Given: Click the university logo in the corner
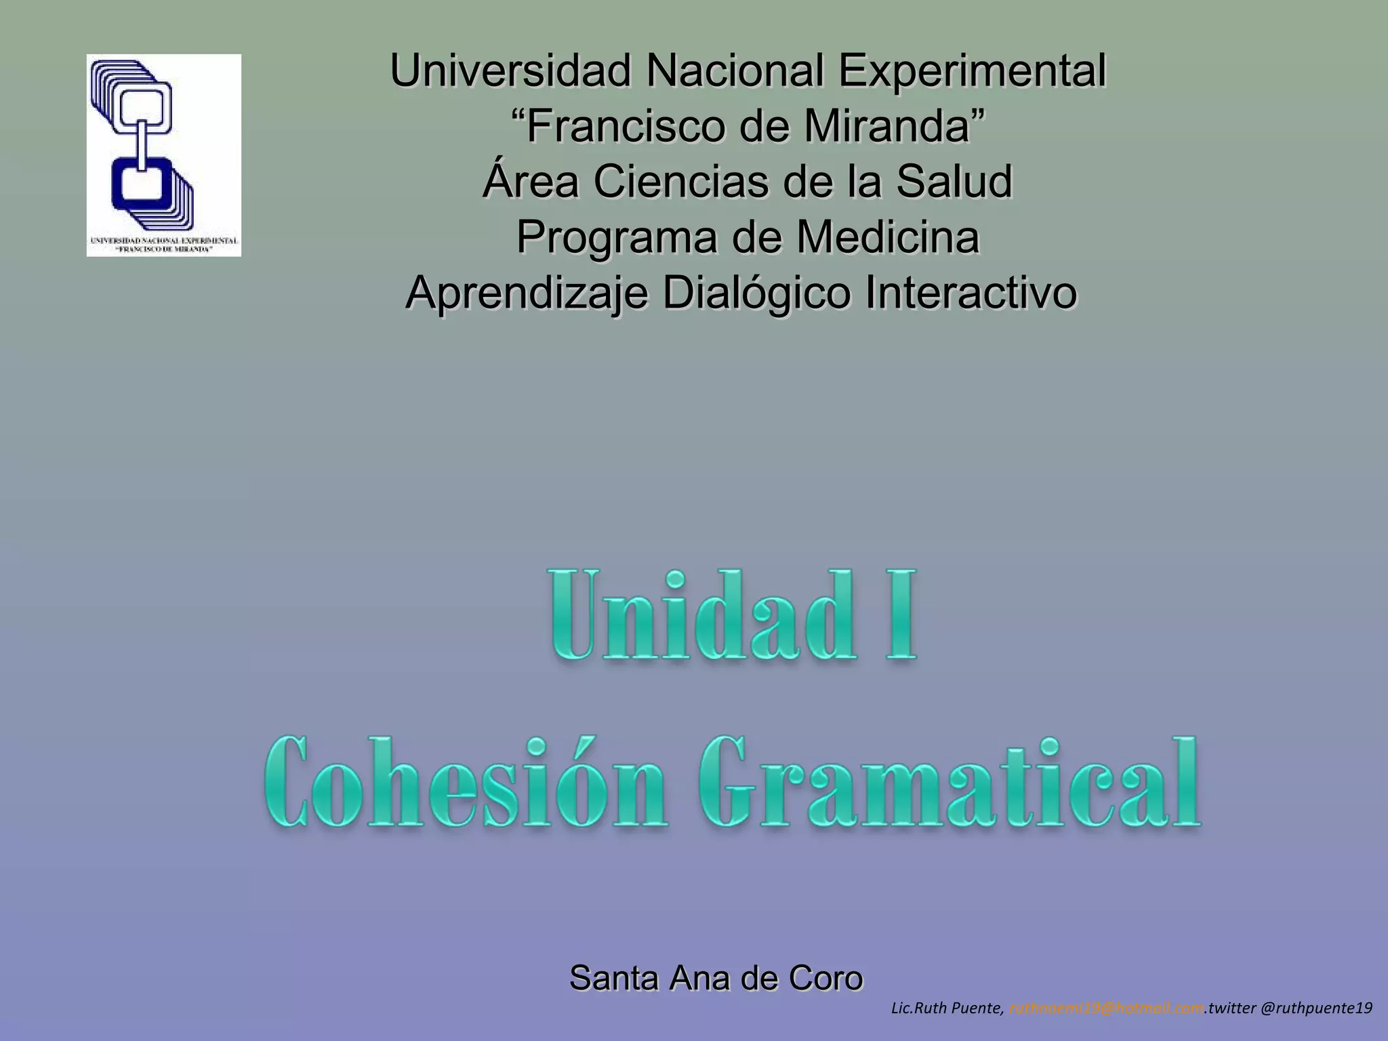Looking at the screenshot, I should pos(163,155).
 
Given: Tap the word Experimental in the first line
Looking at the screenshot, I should pos(972,70).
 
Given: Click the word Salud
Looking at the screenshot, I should pos(954,182).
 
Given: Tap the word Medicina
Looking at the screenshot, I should pos(888,237).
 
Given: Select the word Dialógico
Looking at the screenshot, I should pos(756,293).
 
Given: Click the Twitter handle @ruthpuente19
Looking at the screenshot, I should pos(1316,1008).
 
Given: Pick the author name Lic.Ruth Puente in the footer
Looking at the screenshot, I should pos(947,1008).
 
